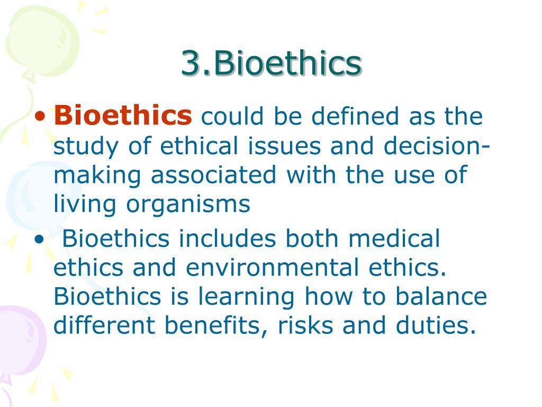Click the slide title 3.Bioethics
[x=271, y=64]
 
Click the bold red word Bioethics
[x=123, y=116]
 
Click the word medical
[x=395, y=238]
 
